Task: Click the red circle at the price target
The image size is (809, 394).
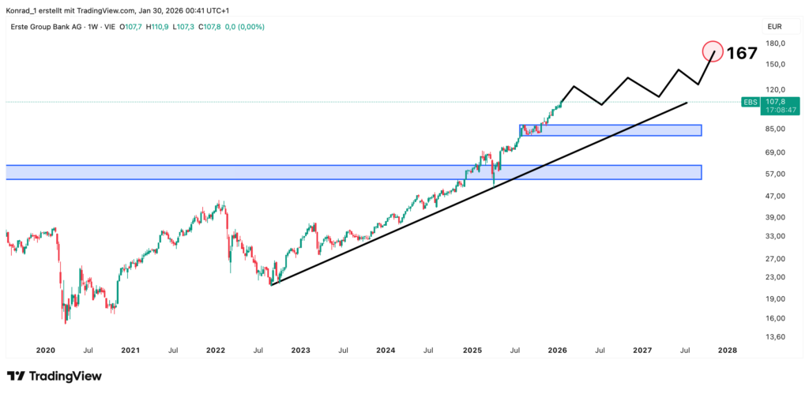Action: point(713,52)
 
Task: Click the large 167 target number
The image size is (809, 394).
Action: point(742,53)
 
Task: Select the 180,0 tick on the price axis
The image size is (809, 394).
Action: point(776,43)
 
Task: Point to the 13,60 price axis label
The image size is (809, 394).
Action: point(776,337)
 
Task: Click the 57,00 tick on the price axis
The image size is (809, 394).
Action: point(776,174)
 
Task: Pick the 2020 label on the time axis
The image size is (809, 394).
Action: point(45,350)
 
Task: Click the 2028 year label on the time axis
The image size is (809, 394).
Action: point(728,350)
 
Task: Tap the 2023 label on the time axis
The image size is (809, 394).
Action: point(300,350)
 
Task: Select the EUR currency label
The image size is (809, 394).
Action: point(776,26)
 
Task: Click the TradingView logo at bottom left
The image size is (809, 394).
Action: point(54,377)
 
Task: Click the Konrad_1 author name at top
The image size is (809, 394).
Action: point(23,9)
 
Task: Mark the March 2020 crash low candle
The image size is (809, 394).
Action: point(66,320)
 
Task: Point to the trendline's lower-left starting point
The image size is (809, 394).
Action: point(271,284)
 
